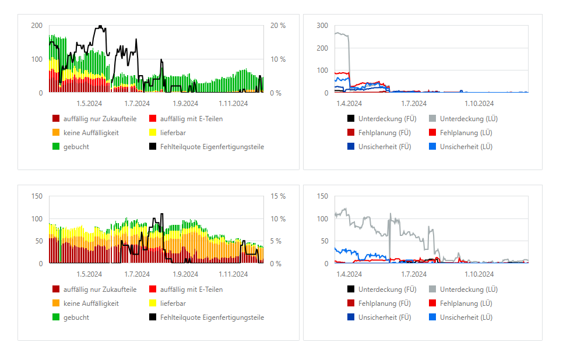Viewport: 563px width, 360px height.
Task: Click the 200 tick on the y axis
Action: tap(37, 26)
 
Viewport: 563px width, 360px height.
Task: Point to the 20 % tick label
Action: tap(278, 26)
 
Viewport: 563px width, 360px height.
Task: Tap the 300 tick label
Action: tap(322, 26)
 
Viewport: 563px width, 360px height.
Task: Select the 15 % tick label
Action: tap(278, 196)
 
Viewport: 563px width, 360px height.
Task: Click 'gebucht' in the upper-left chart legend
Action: tap(76, 147)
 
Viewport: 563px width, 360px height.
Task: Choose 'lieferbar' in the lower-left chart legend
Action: tap(174, 303)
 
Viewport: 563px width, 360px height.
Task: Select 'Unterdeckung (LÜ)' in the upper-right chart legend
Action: tap(469, 119)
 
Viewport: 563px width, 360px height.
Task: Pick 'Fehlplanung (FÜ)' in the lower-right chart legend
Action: tap(385, 303)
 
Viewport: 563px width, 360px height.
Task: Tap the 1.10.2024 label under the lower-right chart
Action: tap(479, 274)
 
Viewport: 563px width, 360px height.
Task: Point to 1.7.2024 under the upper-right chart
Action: tap(414, 104)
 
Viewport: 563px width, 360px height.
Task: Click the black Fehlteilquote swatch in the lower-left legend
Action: tap(153, 317)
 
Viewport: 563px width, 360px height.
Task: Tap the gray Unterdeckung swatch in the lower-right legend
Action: tap(432, 290)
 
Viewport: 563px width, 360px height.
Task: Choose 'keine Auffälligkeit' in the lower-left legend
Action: tap(91, 303)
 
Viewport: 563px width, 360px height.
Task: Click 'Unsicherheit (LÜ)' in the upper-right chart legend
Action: tap(466, 147)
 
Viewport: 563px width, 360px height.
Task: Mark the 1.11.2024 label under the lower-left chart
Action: tap(233, 274)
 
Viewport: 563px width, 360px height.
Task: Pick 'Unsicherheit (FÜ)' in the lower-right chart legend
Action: tap(385, 317)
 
